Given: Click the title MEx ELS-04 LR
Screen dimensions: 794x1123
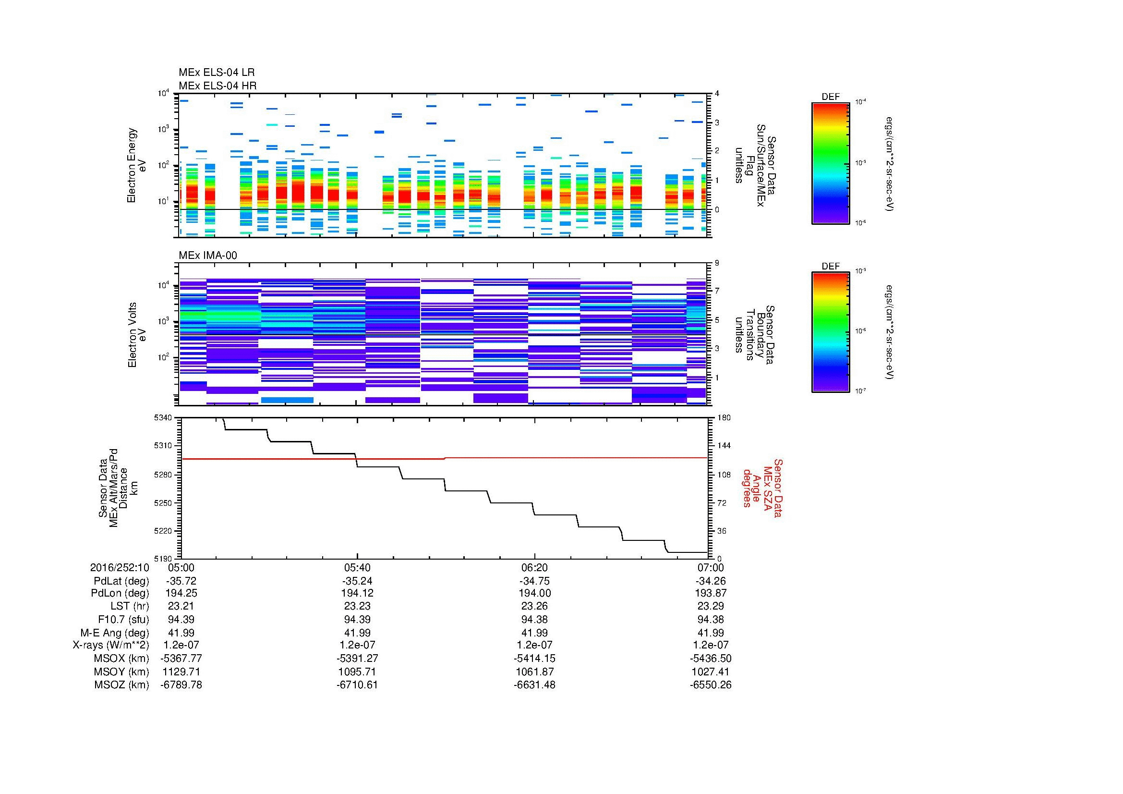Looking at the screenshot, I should pyautogui.click(x=216, y=73).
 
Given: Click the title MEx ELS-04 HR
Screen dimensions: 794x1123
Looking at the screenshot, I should pyautogui.click(x=217, y=86).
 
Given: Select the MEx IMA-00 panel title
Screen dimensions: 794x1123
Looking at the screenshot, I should pyautogui.click(x=207, y=256).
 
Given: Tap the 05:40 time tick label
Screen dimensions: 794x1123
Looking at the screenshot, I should pyautogui.click(x=357, y=567).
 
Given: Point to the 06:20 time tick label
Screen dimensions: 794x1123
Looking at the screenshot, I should pyautogui.click(x=534, y=567).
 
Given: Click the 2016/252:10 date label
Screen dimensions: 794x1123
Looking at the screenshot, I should pyautogui.click(x=120, y=567).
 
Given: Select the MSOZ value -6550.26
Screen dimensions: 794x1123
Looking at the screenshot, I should pyautogui.click(x=711, y=685).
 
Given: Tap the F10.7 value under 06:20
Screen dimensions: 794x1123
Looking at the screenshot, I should pyautogui.click(x=534, y=619).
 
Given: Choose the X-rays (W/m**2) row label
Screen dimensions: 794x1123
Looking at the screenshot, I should pyautogui.click(x=110, y=645).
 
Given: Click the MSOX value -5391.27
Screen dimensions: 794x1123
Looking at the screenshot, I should pyautogui.click(x=357, y=659).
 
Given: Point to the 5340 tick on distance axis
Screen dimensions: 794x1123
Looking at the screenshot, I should pyautogui.click(x=164, y=418).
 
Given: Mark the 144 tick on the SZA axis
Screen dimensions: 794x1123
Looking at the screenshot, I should pyautogui.click(x=724, y=446).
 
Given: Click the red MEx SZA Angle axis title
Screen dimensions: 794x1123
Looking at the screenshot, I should pyautogui.click(x=762, y=488).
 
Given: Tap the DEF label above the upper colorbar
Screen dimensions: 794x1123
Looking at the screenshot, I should pyautogui.click(x=830, y=97).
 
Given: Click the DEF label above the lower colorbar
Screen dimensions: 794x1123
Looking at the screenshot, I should pyautogui.click(x=830, y=266).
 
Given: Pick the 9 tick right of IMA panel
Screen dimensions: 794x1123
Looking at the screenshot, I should pyautogui.click(x=717, y=263).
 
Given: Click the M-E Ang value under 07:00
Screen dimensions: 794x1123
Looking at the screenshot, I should pyautogui.click(x=711, y=633).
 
